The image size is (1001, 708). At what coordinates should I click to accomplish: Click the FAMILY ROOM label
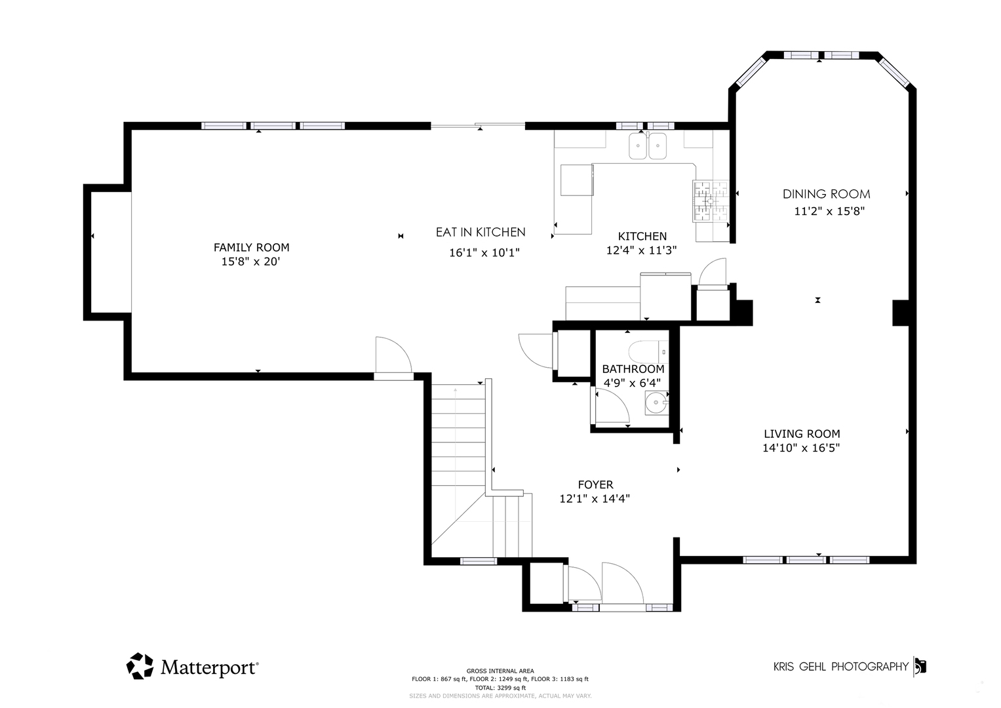pyautogui.click(x=251, y=247)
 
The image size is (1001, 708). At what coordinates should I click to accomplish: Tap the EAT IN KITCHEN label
pyautogui.click(x=481, y=232)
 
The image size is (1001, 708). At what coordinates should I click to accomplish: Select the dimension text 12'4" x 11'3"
pyautogui.click(x=641, y=250)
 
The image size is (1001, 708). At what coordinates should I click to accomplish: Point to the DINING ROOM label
pyautogui.click(x=826, y=194)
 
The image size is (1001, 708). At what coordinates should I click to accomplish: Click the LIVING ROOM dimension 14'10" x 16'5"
pyautogui.click(x=801, y=448)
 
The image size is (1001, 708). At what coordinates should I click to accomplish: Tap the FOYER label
pyautogui.click(x=595, y=484)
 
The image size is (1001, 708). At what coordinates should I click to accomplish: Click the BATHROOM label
pyautogui.click(x=633, y=368)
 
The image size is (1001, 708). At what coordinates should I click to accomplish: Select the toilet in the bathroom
pyautogui.click(x=648, y=352)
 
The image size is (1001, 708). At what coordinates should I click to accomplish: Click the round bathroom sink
pyautogui.click(x=656, y=403)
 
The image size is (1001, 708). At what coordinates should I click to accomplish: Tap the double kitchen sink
pyautogui.click(x=648, y=146)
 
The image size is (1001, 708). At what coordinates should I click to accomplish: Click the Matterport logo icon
pyautogui.click(x=140, y=666)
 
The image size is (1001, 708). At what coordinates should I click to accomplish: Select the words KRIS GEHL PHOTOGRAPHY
pyautogui.click(x=841, y=667)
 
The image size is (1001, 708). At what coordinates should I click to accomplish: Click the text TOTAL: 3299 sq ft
pyautogui.click(x=500, y=688)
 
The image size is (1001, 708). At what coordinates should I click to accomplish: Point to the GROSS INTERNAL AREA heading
pyautogui.click(x=500, y=671)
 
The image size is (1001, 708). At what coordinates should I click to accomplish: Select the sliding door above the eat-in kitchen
pyautogui.click(x=478, y=126)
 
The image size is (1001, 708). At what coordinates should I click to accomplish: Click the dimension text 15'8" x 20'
pyautogui.click(x=250, y=262)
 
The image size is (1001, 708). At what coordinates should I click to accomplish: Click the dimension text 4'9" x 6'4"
pyautogui.click(x=633, y=383)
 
